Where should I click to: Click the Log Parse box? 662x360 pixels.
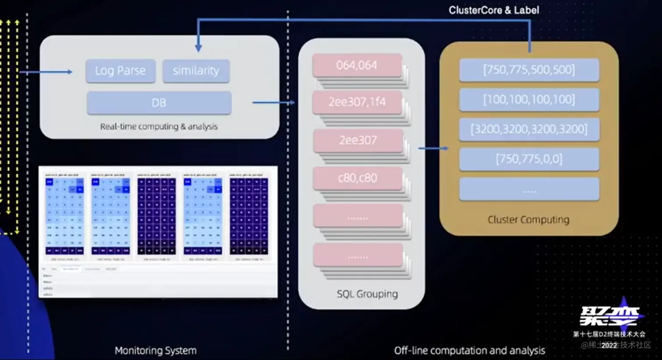[x=120, y=71]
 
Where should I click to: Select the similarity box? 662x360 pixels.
[x=196, y=71]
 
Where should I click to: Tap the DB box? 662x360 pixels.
[x=158, y=103]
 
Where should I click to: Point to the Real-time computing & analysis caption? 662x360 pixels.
[x=158, y=127]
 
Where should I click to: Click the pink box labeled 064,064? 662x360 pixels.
[x=357, y=65]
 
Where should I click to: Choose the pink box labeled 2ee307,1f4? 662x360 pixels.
[x=357, y=102]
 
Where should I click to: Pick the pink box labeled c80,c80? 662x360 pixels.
[x=357, y=178]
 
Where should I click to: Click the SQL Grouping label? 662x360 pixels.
[x=367, y=294]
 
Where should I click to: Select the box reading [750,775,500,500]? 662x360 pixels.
[x=529, y=70]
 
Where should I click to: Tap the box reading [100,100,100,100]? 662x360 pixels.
[x=529, y=99]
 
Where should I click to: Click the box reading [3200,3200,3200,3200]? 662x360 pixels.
[x=529, y=129]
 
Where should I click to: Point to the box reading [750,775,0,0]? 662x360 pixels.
[x=529, y=159]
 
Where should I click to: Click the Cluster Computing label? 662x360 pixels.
[x=528, y=219]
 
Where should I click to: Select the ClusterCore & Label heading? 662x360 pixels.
[x=493, y=10]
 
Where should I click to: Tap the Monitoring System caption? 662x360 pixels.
[x=155, y=350]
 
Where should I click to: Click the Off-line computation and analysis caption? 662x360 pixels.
[x=469, y=350]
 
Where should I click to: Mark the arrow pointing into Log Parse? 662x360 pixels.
[x=48, y=72]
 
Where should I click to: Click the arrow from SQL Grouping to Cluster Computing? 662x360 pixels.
[x=433, y=148]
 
